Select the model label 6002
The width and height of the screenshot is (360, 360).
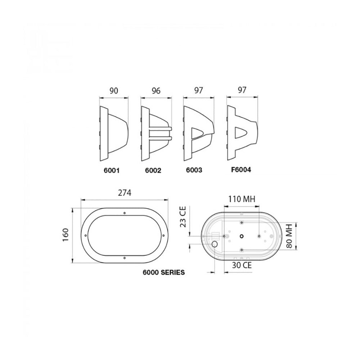click(x=153, y=171)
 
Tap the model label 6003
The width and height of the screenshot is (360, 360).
click(x=195, y=170)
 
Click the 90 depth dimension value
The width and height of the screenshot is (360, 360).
click(x=113, y=91)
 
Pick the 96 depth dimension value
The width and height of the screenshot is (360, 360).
click(x=156, y=91)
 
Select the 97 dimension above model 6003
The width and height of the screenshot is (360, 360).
click(x=198, y=91)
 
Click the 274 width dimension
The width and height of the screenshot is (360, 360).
click(x=125, y=193)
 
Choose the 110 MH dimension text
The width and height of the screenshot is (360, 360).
click(x=242, y=198)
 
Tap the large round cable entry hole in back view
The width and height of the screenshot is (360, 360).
click(x=215, y=244)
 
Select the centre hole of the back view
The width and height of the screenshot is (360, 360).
click(x=242, y=236)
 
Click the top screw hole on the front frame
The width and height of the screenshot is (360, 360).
click(x=124, y=213)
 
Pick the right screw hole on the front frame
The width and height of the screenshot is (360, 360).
click(x=163, y=236)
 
